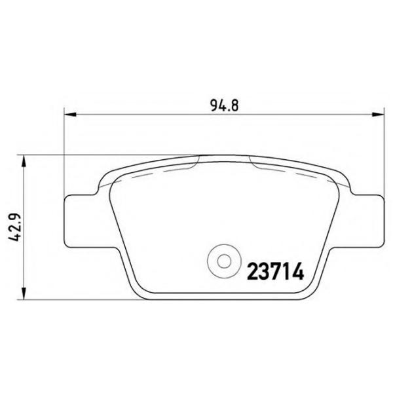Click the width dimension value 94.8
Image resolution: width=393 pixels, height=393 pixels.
222,103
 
